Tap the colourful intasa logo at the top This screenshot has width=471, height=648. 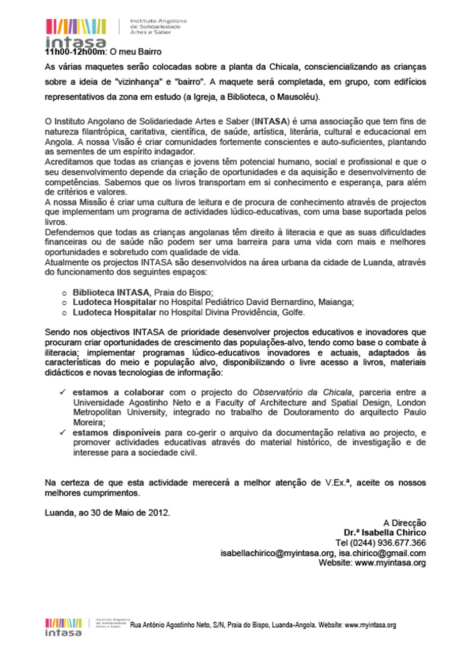click(x=76, y=31)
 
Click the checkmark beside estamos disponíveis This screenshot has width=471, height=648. click(x=62, y=433)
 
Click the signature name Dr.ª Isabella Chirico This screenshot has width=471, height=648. click(x=385, y=533)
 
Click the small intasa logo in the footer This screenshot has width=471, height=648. click(x=63, y=626)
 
